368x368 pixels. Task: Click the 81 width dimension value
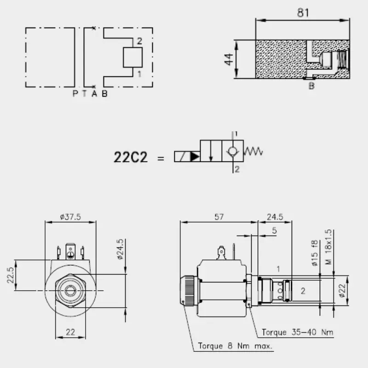[303, 13]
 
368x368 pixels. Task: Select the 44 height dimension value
[228, 59]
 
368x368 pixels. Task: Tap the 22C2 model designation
[131, 157]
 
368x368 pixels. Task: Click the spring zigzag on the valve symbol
[253, 151]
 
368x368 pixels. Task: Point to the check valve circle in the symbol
[233, 151]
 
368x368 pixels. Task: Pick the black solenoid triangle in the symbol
[195, 156]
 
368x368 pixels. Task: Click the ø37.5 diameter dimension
[70, 217]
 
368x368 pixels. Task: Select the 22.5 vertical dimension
[10, 275]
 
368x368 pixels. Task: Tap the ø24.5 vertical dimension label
[120, 249]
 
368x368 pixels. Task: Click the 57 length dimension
[219, 217]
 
